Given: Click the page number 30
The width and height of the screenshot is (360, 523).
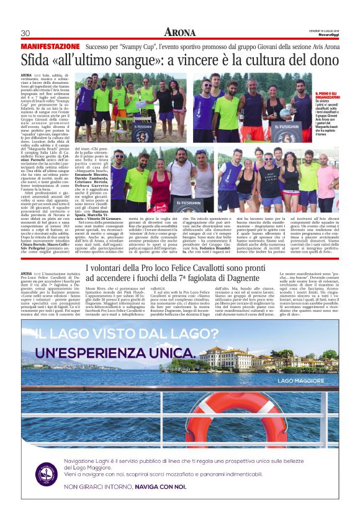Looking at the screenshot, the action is (x=25, y=33).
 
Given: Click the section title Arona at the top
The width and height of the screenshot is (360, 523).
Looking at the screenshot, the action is (x=180, y=32).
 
